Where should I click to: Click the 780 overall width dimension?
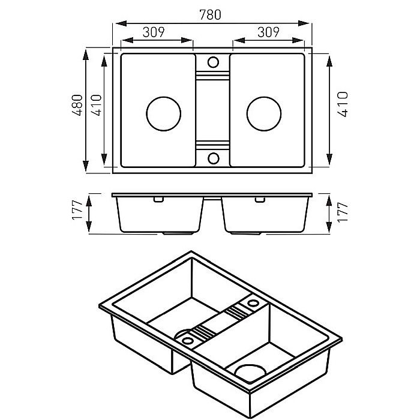[x=210, y=15]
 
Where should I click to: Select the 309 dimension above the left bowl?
[x=154, y=32]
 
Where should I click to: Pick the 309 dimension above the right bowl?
[x=268, y=32]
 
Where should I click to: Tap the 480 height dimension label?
[x=77, y=105]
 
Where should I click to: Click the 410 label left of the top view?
[x=97, y=105]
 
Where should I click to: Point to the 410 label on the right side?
[x=343, y=104]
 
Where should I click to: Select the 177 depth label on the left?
[x=77, y=210]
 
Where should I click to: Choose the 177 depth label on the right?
[x=343, y=212]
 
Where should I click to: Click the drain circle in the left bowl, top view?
[x=164, y=114]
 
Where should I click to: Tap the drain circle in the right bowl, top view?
[x=264, y=114]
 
